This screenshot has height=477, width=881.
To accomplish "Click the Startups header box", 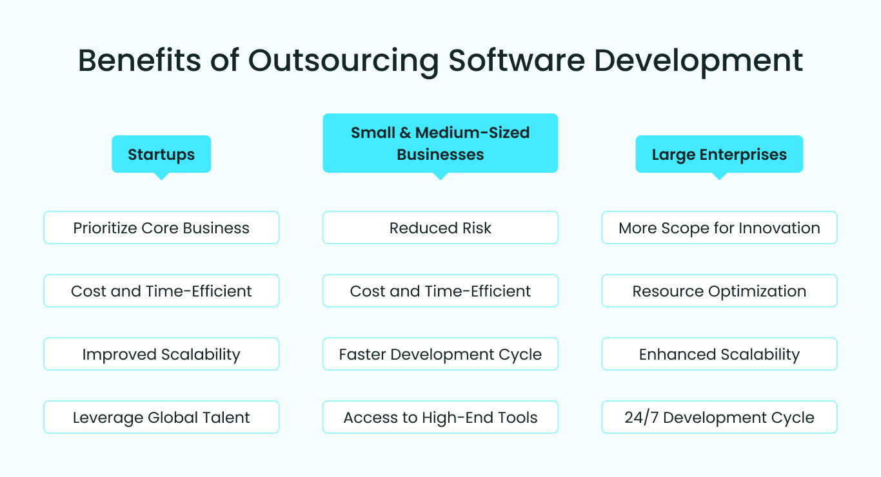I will (x=161, y=154).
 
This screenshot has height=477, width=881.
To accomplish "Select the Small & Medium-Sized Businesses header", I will (x=440, y=143).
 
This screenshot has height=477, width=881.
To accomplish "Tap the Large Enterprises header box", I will (x=719, y=154).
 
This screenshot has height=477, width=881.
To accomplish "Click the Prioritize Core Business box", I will (x=161, y=228).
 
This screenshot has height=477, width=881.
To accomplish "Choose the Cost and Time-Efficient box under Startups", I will (x=161, y=291).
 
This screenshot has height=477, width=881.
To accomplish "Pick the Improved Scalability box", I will (x=161, y=354).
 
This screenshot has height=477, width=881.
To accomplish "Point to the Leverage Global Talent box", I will (x=161, y=417).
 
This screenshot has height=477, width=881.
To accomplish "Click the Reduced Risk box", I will (x=440, y=228).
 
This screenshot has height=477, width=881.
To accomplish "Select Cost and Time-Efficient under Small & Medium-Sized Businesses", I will (x=440, y=291).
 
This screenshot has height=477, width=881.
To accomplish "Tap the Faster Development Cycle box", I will (x=440, y=354).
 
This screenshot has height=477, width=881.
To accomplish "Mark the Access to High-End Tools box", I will (x=440, y=417).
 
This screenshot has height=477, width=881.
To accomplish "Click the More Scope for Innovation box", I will (x=719, y=228).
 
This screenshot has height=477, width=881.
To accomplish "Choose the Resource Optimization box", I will (x=719, y=291).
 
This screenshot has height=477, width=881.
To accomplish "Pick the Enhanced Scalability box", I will (x=719, y=354).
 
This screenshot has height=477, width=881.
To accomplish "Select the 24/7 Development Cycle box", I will (x=719, y=417).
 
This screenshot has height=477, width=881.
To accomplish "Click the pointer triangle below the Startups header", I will (x=161, y=176).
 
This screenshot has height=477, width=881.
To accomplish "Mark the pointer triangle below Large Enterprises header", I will (x=719, y=176).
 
